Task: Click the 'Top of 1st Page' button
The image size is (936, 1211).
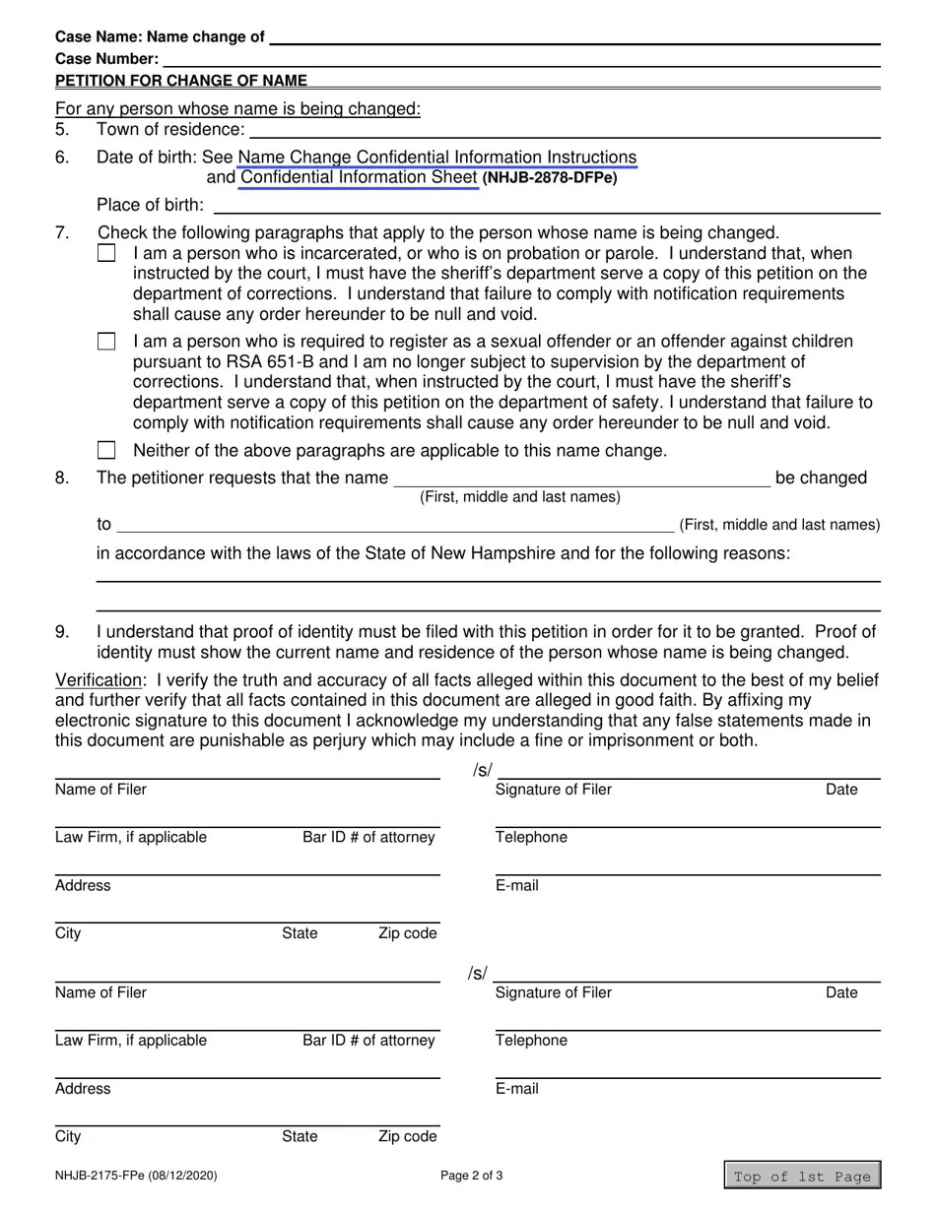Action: coord(802,1176)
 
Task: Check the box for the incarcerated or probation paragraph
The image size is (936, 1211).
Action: coord(106,253)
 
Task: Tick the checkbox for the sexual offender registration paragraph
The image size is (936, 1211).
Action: coord(106,342)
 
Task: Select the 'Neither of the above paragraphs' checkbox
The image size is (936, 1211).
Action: coord(106,450)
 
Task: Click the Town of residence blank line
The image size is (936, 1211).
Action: coord(565,131)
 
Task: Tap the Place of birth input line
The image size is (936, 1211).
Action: coord(546,206)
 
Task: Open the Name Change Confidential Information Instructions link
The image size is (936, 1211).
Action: coord(437,158)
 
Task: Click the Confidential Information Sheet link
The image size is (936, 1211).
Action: coord(359,178)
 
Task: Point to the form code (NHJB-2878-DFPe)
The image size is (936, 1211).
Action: coord(550,179)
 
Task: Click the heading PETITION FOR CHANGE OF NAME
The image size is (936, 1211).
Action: coord(181,81)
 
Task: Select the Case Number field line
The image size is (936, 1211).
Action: coord(520,60)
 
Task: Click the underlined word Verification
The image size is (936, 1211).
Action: coord(99,680)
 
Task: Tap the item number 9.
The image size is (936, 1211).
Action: coord(63,632)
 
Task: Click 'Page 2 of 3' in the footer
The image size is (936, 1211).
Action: coord(472,1176)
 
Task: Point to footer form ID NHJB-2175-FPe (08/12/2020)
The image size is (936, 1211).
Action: coord(136,1176)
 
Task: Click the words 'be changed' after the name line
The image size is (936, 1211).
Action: coord(821,478)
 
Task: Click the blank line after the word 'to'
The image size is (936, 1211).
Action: coord(394,526)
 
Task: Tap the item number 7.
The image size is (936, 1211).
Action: coord(63,233)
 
